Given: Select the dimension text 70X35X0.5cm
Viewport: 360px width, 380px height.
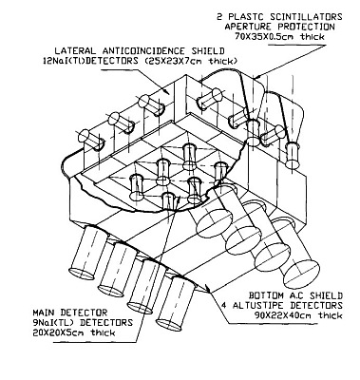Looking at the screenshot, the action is [x=264, y=37].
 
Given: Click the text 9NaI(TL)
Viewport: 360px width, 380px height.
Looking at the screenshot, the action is [x=54, y=323].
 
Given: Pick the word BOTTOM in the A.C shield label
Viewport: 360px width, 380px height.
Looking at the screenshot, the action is [x=266, y=295].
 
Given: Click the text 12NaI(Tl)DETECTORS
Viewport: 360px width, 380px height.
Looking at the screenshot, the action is [x=90, y=61].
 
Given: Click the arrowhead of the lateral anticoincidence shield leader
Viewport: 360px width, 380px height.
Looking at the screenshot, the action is [x=167, y=92].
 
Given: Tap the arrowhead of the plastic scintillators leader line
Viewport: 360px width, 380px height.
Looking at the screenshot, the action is [x=256, y=77].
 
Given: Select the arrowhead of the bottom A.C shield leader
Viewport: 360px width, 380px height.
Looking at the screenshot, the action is [x=207, y=288].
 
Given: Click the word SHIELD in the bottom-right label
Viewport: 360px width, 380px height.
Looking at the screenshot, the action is [x=327, y=295].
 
